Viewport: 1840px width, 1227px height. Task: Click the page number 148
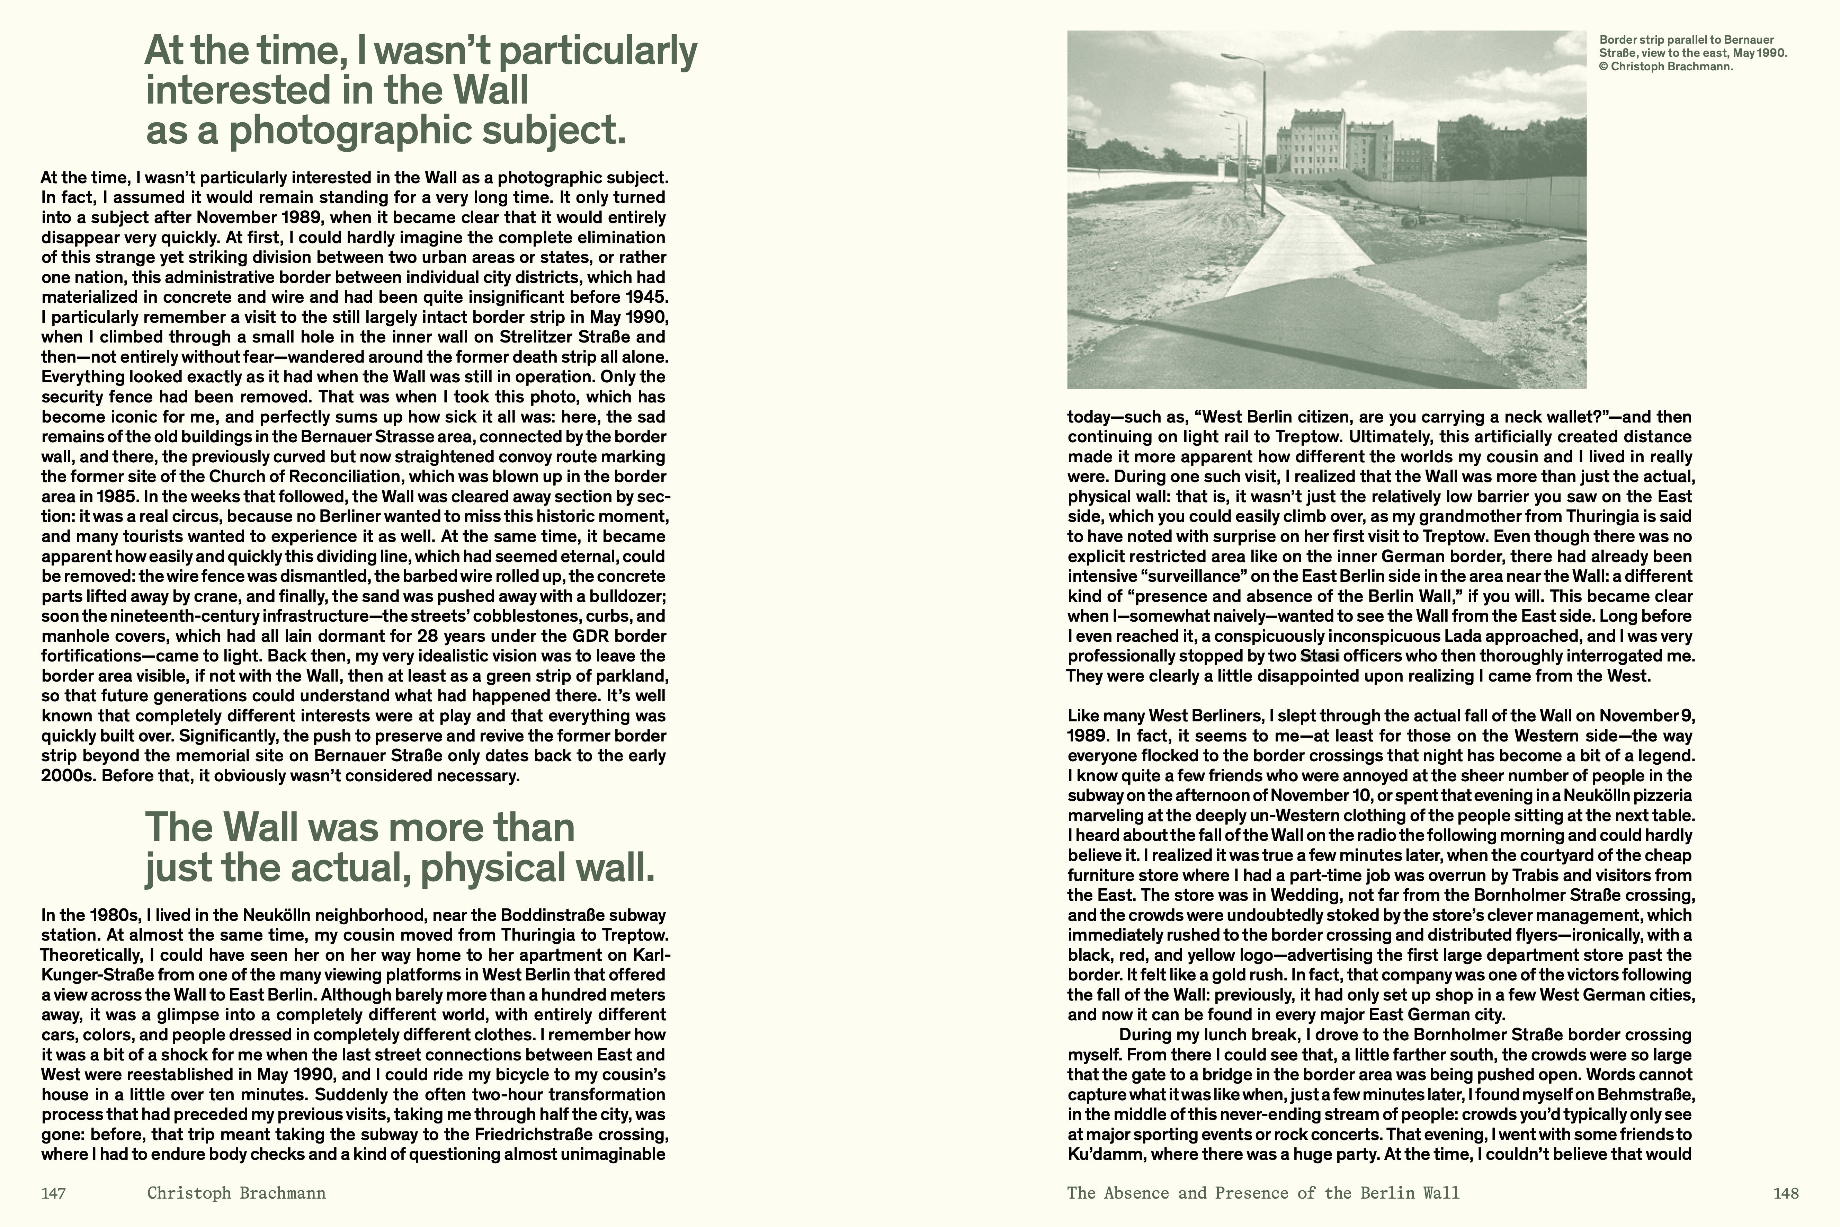(1786, 1193)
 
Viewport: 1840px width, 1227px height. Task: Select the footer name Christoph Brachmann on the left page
(236, 1193)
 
